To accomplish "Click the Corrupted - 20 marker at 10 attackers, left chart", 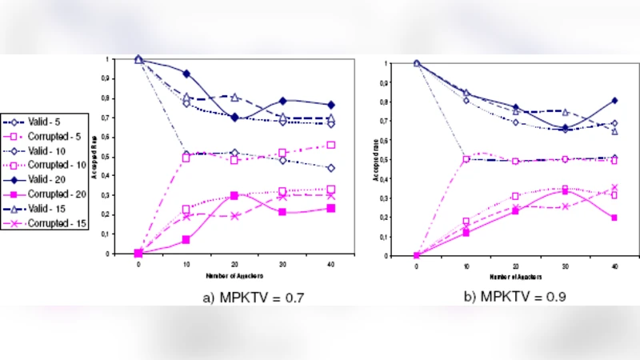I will point(186,239).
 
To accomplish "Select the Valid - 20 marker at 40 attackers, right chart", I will point(614,101).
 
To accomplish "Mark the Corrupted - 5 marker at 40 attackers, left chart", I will point(330,145).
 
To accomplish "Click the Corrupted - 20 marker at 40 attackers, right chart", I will point(614,218).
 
